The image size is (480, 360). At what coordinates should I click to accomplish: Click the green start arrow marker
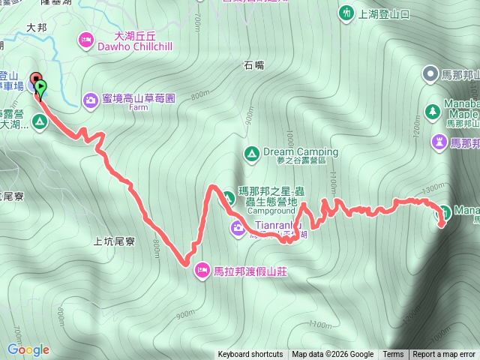(40, 88)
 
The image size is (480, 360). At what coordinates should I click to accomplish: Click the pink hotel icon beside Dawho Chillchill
(85, 38)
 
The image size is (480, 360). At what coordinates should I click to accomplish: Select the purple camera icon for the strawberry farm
(90, 99)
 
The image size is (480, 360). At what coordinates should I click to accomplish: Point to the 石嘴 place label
(254, 66)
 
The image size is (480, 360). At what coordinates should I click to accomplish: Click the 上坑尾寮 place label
(114, 241)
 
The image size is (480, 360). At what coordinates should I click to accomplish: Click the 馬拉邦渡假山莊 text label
(250, 271)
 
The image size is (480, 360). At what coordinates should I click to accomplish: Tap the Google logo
(28, 349)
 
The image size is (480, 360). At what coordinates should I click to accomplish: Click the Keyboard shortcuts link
(250, 355)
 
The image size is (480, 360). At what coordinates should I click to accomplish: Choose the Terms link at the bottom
(393, 355)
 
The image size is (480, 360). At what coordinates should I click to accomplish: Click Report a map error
(444, 355)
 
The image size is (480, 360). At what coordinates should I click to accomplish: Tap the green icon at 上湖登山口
(345, 13)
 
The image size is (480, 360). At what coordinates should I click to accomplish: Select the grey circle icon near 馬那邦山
(430, 73)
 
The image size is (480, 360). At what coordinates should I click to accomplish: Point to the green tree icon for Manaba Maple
(432, 111)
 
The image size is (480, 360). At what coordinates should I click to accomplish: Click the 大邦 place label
(37, 27)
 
